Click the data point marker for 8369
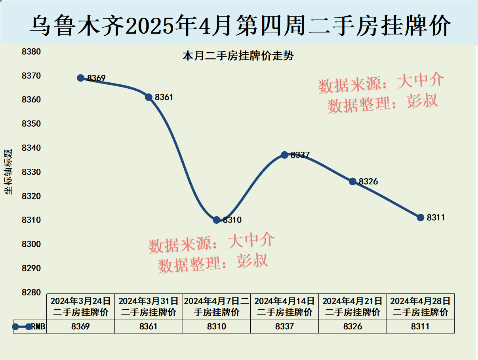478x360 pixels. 80,78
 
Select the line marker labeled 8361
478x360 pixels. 149,97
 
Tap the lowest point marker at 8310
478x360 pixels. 217,220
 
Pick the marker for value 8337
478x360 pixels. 284,155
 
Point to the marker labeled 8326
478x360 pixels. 352,181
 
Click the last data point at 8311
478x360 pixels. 421,217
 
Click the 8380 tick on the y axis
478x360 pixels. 31,51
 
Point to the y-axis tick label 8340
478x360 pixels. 31,148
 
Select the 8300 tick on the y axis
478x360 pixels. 31,244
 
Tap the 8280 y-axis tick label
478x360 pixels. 31,292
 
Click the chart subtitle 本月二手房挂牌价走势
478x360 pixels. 238,56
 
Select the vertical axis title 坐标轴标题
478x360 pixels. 8,172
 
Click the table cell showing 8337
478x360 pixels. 284,326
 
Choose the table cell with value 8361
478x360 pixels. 149,326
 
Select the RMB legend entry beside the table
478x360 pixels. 30,327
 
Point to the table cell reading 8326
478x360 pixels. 352,326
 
